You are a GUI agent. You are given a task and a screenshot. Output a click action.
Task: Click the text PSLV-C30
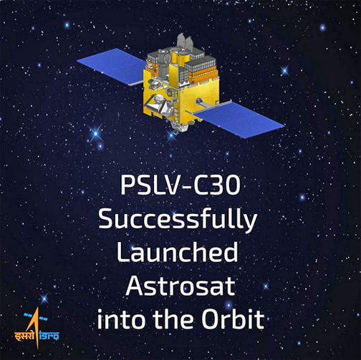coord(180,185)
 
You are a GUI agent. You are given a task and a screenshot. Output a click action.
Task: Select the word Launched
coord(178,252)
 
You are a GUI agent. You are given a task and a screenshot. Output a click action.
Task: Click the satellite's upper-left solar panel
coord(112,66)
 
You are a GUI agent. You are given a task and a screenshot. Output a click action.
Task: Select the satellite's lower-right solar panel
coord(239,120)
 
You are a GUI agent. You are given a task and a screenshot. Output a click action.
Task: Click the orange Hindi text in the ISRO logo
coord(24,336)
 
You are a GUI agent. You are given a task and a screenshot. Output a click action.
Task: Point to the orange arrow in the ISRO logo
coord(34,327)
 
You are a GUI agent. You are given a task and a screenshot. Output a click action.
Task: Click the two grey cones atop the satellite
coord(186,42)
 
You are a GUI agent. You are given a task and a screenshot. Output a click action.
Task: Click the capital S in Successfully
coord(107,218)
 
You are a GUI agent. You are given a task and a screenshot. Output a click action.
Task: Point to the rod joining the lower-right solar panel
coord(209,103)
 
